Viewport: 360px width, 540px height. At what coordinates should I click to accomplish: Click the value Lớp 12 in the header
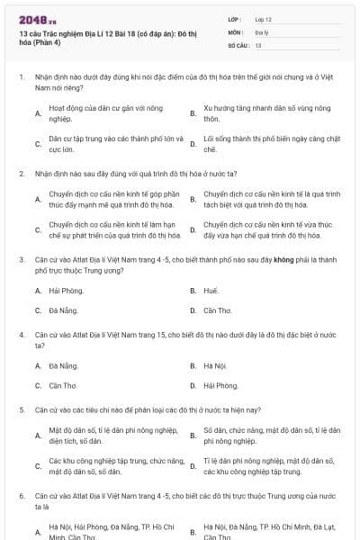(x=263, y=19)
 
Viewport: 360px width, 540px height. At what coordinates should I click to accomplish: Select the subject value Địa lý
(x=261, y=31)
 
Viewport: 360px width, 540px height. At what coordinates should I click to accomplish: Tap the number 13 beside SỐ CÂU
(x=258, y=44)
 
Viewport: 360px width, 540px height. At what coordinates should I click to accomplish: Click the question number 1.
(x=21, y=77)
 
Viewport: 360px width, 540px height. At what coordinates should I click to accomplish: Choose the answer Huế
(x=211, y=292)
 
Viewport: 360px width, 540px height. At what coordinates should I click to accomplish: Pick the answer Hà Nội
(x=214, y=366)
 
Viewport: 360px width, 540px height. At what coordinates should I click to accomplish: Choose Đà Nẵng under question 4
(x=64, y=366)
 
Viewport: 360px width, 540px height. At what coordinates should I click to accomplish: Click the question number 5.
(x=21, y=409)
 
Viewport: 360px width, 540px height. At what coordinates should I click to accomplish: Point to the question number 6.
(x=21, y=496)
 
